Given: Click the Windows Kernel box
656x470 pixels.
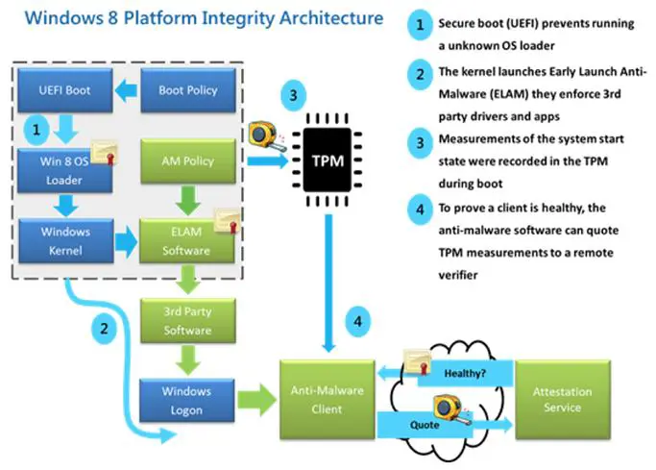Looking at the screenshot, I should (64, 240).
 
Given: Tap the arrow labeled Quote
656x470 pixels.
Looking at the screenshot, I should (432, 423).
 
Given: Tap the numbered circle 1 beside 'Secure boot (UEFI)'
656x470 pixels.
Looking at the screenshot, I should (419, 24).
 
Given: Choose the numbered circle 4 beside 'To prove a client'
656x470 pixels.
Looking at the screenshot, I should (419, 208).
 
